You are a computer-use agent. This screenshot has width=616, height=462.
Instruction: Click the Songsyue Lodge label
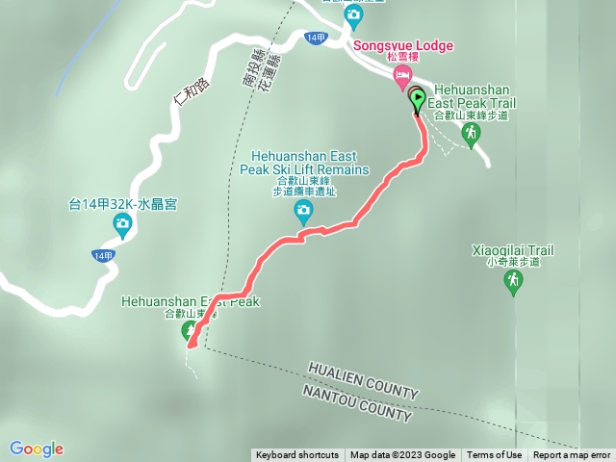coord(403,45)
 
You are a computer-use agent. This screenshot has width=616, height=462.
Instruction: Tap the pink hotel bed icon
coord(403,77)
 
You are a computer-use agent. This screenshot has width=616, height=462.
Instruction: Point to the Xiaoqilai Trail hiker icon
coord(513,281)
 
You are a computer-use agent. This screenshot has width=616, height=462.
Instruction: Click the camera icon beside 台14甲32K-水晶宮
coord(122,225)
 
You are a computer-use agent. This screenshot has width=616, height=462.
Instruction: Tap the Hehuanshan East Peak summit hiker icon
coord(190,331)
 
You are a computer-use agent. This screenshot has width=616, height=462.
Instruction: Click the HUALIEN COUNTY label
coord(364,379)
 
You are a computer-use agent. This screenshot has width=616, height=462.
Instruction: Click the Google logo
coord(37,449)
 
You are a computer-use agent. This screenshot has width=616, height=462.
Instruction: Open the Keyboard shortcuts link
coord(297,455)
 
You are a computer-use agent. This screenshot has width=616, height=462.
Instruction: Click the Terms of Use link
coord(495,455)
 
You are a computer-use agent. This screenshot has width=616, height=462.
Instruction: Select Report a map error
coord(572,455)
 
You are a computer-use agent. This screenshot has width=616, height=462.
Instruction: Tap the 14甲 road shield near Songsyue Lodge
coord(315,38)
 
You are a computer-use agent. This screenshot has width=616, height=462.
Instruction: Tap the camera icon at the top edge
coord(353,14)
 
